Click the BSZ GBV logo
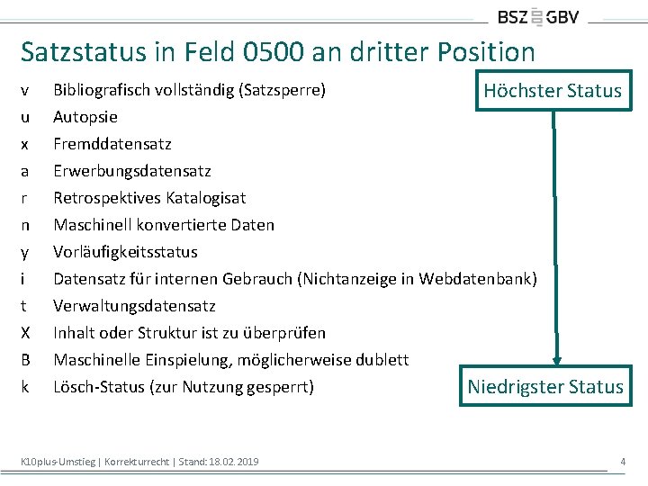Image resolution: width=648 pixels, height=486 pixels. click(x=538, y=16)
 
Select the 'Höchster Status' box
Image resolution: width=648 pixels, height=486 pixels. click(x=552, y=90)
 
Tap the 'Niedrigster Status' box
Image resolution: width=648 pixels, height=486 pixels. click(x=544, y=387)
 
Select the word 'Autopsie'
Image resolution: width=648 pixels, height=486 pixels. click(x=85, y=117)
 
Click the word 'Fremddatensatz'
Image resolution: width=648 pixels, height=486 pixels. click(x=112, y=144)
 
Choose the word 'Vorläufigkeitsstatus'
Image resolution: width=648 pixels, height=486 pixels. click(x=125, y=252)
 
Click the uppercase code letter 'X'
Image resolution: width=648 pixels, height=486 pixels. click(x=25, y=333)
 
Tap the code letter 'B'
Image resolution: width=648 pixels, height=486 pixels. click(x=25, y=360)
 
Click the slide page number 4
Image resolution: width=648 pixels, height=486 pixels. click(x=622, y=462)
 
